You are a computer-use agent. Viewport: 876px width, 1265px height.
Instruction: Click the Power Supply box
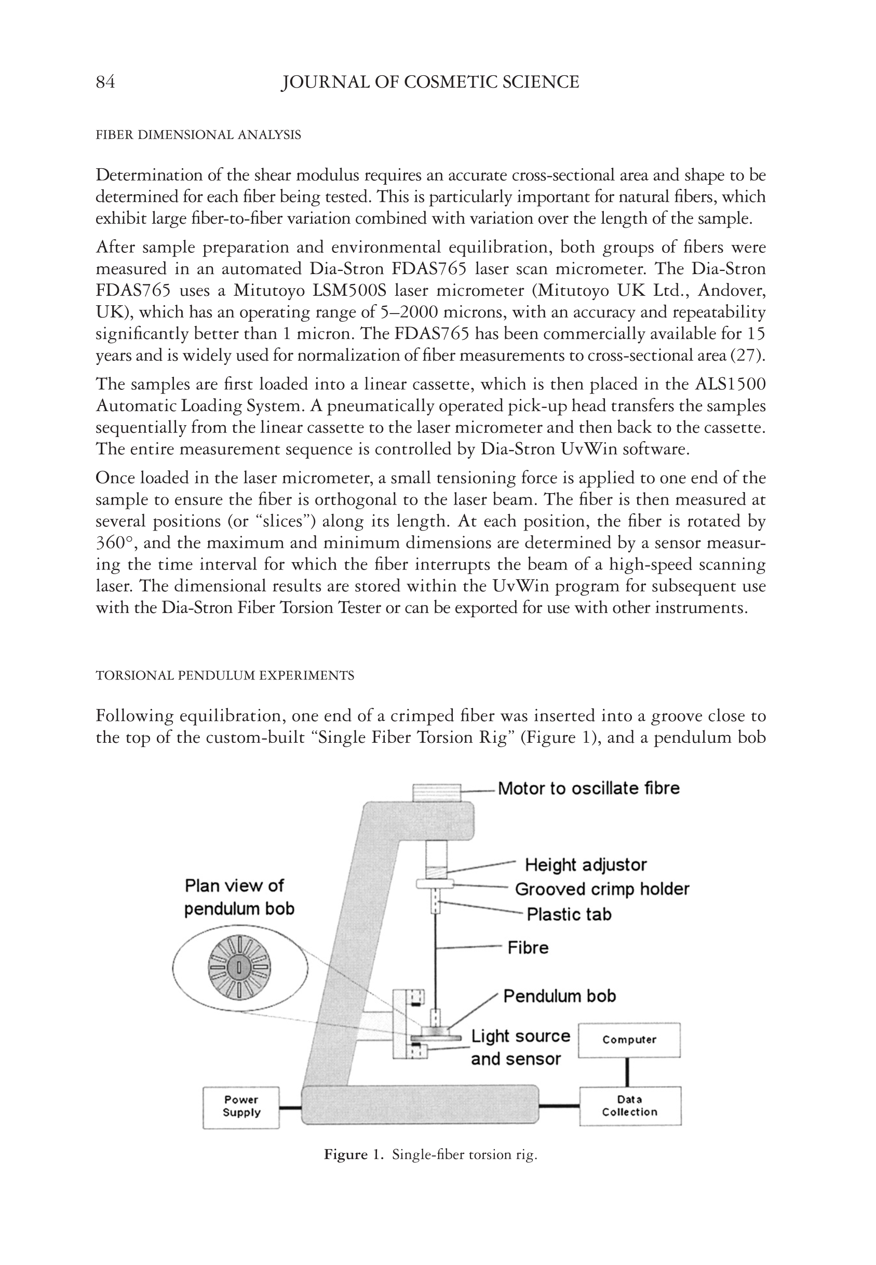(x=241, y=1107)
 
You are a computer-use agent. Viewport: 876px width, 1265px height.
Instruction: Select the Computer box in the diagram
(x=629, y=1040)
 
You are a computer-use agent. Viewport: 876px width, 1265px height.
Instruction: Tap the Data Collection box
(x=629, y=1106)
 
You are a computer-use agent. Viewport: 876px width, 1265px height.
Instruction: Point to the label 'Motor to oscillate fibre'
(x=588, y=788)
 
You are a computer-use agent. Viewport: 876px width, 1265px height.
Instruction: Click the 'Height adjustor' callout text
(x=586, y=865)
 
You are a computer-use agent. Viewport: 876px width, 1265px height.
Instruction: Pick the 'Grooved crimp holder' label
(x=601, y=889)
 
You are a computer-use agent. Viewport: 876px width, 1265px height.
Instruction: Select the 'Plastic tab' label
(x=569, y=915)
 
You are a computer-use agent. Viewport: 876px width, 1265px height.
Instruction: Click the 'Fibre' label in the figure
(x=528, y=948)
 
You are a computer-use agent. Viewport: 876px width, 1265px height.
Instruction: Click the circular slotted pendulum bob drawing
(x=239, y=968)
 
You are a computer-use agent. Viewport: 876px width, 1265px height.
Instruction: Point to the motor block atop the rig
(x=436, y=792)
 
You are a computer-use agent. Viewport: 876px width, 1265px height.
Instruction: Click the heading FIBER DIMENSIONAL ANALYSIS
(x=198, y=135)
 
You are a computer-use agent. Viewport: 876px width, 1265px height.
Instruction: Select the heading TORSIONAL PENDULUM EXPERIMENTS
(x=224, y=675)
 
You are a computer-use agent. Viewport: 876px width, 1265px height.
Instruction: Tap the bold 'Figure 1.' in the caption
(x=353, y=1155)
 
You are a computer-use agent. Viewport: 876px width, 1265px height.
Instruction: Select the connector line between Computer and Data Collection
(x=627, y=1071)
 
